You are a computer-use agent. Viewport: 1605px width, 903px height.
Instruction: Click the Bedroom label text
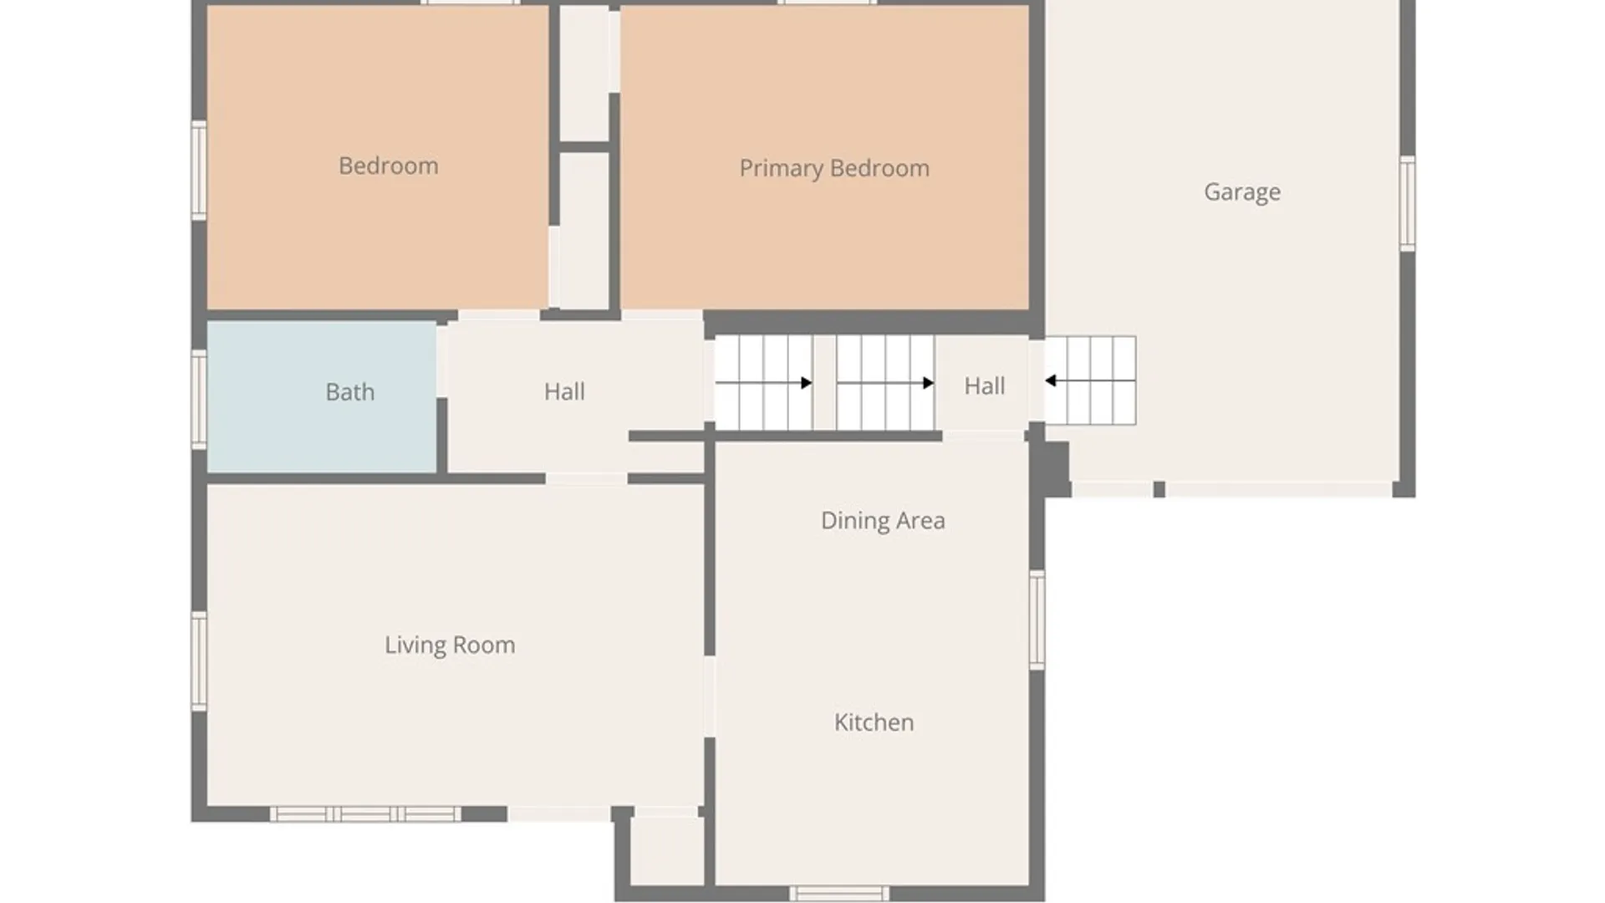[388, 166]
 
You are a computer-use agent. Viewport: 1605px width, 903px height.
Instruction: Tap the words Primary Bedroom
[834, 168]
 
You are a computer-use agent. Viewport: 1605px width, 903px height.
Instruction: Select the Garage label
[1242, 192]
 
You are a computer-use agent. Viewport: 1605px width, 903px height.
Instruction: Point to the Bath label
[349, 392]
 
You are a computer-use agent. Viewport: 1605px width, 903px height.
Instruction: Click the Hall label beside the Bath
[564, 391]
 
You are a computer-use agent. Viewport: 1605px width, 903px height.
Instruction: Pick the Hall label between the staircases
[985, 385]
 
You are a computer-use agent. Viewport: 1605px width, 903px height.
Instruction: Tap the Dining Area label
[883, 521]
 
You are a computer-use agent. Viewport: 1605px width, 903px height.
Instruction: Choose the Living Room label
[450, 645]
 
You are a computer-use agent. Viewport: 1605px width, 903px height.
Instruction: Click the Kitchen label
[874, 722]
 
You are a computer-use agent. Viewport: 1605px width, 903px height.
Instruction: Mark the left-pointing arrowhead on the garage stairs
[1051, 381]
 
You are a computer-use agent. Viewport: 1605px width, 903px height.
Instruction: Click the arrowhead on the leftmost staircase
[807, 383]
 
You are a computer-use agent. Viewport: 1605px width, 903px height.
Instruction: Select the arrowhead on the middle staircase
[929, 383]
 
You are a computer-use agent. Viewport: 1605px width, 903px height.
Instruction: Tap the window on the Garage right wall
[1408, 203]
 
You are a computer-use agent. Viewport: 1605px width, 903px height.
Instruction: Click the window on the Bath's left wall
[199, 399]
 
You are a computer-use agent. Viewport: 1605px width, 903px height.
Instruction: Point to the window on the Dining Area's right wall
[1037, 620]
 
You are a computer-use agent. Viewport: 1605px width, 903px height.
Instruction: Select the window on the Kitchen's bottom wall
[839, 894]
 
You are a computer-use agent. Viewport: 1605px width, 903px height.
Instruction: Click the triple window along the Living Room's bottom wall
[365, 814]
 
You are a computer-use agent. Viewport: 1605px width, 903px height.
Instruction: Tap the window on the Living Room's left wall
[199, 661]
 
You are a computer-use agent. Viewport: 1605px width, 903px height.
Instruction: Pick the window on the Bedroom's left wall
[199, 171]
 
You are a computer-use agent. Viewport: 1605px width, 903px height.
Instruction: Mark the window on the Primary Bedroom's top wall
[828, 3]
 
